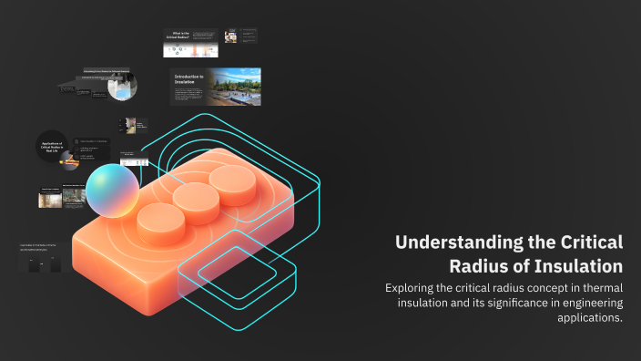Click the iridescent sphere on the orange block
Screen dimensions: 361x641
pyautogui.click(x=112, y=191)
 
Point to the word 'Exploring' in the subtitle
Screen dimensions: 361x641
pyautogui.click(x=414, y=288)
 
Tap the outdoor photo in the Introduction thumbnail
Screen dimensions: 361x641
pyautogui.click(x=236, y=85)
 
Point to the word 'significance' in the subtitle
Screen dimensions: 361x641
pyautogui.click(x=503, y=303)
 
